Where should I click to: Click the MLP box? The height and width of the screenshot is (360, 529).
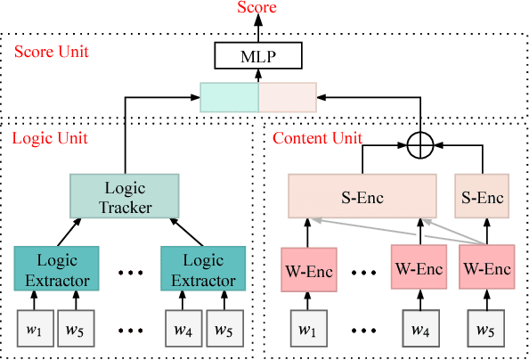tap(258, 59)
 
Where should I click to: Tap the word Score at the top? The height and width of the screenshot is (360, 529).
tap(258, 8)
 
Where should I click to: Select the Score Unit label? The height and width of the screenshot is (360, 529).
tap(52, 51)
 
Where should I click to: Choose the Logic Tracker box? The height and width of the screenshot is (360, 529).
tap(124, 199)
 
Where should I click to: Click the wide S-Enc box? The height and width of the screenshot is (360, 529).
tap(362, 197)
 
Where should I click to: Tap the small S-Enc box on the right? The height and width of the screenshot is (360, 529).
tap(482, 197)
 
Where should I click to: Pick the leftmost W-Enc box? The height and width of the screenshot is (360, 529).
tap(307, 269)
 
